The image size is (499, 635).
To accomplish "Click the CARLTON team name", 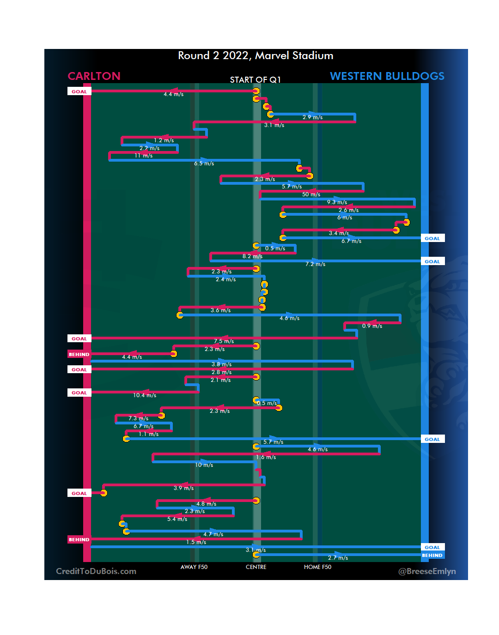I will pyautogui.click(x=94, y=76).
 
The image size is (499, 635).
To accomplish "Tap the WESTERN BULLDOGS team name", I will pyautogui.click(x=387, y=76).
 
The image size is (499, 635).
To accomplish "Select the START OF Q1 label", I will pyautogui.click(x=255, y=80).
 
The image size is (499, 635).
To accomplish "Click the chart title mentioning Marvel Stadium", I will pyautogui.click(x=256, y=56).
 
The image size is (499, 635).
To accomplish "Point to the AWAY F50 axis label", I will pyautogui.click(x=194, y=567).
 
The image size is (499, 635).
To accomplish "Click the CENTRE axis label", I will pyautogui.click(x=256, y=567).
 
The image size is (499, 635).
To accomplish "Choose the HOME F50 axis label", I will pyautogui.click(x=317, y=567).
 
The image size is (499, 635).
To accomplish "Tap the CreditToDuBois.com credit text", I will pyautogui.click(x=96, y=571).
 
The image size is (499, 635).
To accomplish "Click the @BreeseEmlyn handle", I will pyautogui.click(x=427, y=571).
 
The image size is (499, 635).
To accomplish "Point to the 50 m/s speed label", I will pyautogui.click(x=311, y=194).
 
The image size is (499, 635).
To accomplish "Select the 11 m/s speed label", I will pyautogui.click(x=143, y=156).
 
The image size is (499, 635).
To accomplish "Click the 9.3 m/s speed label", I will pyautogui.click(x=337, y=202).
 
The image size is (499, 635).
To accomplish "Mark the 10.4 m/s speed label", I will pyautogui.click(x=145, y=395).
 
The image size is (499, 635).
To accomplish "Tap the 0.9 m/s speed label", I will pyautogui.click(x=372, y=326).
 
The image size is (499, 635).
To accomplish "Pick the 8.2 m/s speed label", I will pyautogui.click(x=252, y=256).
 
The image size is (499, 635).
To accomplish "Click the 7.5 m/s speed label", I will pyautogui.click(x=224, y=341).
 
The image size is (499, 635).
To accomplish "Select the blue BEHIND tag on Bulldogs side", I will pyautogui.click(x=432, y=556).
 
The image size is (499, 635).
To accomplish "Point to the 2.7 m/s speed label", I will pyautogui.click(x=338, y=558).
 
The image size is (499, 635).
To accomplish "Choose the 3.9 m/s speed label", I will pyautogui.click(x=183, y=488).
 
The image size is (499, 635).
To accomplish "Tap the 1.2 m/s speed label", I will pyautogui.click(x=164, y=140).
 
